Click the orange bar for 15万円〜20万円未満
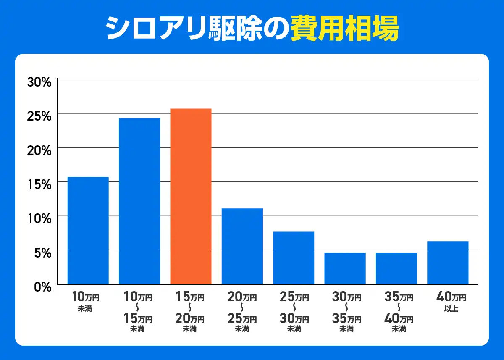[191, 197]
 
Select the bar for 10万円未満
[88, 231]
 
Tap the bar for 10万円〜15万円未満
[139, 201]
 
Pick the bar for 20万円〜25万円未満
[242, 247]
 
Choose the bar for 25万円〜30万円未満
[294, 258]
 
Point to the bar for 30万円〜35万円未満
[345, 268]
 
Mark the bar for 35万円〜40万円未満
[396, 268]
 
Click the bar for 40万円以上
[448, 263]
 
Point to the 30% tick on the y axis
[39, 81]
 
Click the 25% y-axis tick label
[39, 116]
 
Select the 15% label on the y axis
[39, 184]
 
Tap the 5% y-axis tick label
[42, 252]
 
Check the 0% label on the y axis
[42, 286]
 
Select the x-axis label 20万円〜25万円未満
[241, 313]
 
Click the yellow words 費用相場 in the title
[344, 28]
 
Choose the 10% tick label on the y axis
[39, 218]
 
